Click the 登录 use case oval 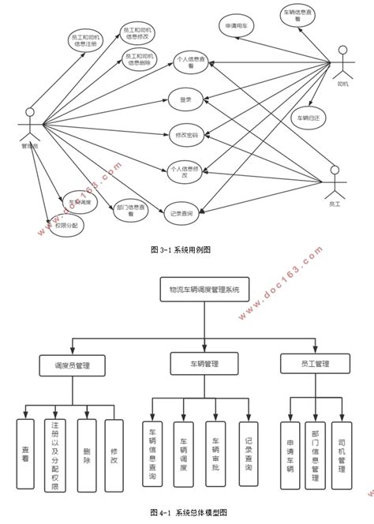point(186,99)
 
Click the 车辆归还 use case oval point(309,118)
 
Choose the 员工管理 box point(315,363)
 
